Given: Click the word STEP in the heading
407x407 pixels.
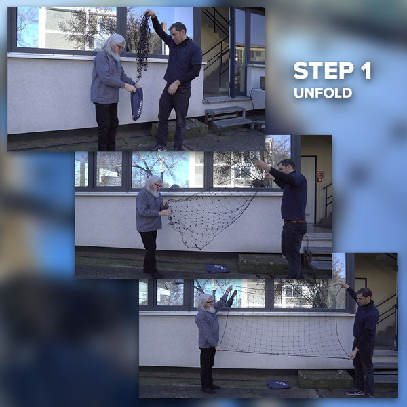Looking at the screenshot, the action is (x=324, y=71).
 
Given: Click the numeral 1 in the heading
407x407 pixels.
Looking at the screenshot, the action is (x=366, y=71).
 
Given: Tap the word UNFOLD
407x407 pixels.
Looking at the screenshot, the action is (x=323, y=93).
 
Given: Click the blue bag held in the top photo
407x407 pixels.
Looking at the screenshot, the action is (x=137, y=104).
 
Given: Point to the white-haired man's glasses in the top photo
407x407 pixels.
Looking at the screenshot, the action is (x=121, y=47).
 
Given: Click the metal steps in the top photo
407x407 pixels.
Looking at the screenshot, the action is (x=229, y=119).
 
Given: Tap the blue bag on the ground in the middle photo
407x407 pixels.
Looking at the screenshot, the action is (x=217, y=269).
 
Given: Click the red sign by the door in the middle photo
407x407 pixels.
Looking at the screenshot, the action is (x=319, y=176).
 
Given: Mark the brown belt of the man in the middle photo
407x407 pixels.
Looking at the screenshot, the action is (x=294, y=221).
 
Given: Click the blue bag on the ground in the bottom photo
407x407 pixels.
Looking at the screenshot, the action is (x=279, y=385).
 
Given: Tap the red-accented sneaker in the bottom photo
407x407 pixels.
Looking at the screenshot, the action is (x=355, y=392).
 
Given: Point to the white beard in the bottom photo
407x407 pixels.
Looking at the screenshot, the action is (x=210, y=309).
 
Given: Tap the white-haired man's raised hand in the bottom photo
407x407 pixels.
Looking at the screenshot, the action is (x=229, y=289).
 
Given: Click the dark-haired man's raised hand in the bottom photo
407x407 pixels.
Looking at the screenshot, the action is (x=344, y=286).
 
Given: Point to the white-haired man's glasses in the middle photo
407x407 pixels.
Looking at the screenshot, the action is (x=158, y=186).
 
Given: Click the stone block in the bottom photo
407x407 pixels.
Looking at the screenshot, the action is (x=326, y=379).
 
